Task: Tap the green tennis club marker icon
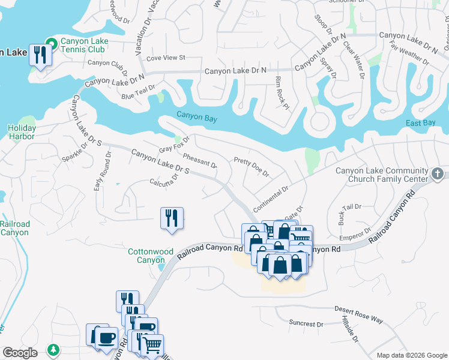coord(52,43)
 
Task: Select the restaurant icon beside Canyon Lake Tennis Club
coord(40,56)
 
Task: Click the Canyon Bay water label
coord(196,118)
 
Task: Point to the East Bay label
coord(420,123)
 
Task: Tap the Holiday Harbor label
coord(22,132)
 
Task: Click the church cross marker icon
coord(438,175)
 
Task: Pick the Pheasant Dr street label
coord(199,160)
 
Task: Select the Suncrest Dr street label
coord(306,324)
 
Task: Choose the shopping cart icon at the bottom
coord(152,345)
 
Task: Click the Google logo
coord(20,353)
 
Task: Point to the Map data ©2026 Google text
coord(412,355)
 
